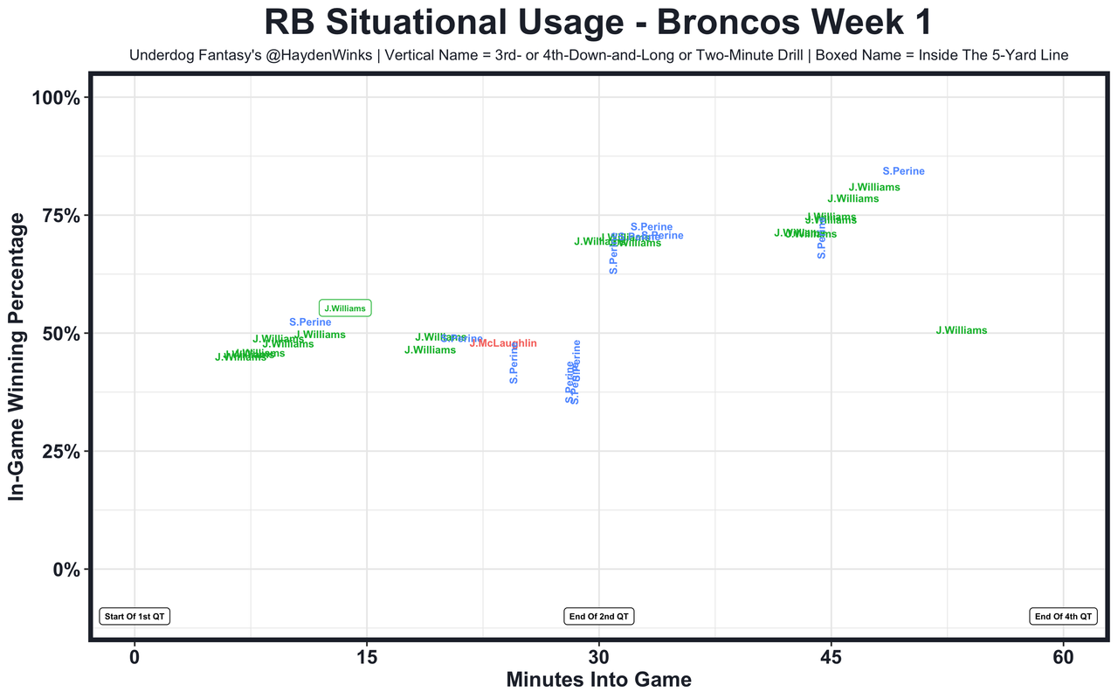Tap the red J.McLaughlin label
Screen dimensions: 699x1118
click(x=503, y=343)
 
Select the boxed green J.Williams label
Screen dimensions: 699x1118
click(x=345, y=308)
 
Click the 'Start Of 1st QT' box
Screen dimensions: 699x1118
click(x=134, y=616)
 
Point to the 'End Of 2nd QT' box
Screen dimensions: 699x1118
click(x=599, y=616)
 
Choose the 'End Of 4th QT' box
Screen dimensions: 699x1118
click(x=1063, y=616)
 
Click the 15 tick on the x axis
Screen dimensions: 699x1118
click(x=367, y=657)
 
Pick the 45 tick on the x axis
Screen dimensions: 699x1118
click(x=831, y=657)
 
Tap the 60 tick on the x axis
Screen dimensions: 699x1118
click(x=1063, y=657)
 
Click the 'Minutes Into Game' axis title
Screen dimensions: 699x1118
click(x=598, y=680)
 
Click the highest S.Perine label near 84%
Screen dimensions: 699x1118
click(x=903, y=171)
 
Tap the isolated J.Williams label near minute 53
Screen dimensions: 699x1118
click(x=961, y=330)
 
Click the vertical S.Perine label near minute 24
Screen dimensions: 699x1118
click(x=514, y=363)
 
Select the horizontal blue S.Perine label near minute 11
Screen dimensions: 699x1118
click(x=310, y=322)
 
